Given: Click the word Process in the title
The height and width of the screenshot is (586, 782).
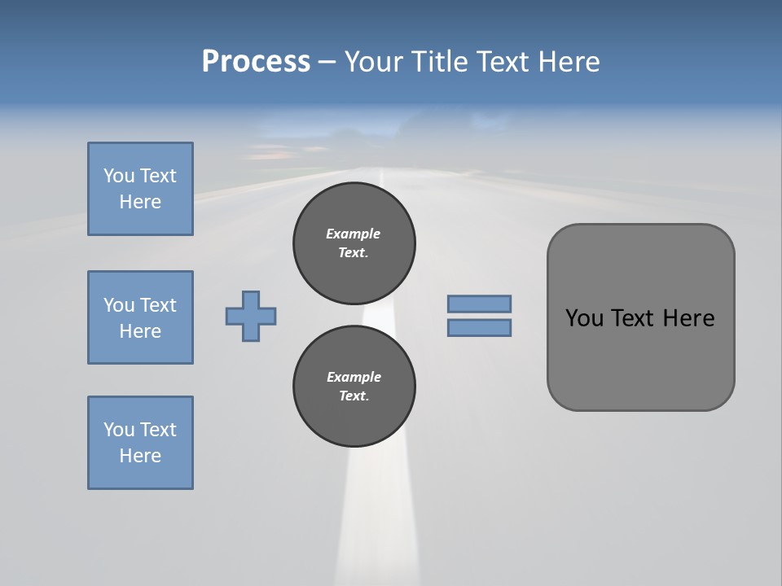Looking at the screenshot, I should [x=256, y=62].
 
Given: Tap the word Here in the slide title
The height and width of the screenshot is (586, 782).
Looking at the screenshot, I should [x=567, y=62].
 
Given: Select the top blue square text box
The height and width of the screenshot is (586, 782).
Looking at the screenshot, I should [x=140, y=189].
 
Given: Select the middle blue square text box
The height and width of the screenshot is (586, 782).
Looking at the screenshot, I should [x=140, y=317].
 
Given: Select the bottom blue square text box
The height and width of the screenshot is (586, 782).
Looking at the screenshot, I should [x=140, y=443].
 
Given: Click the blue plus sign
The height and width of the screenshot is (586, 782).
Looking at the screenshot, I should [x=251, y=316].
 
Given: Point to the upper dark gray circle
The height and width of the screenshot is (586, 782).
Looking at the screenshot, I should [x=354, y=243].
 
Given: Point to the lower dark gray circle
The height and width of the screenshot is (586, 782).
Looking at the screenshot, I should [x=354, y=387].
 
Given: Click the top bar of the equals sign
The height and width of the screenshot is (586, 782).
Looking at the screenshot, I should [x=479, y=304].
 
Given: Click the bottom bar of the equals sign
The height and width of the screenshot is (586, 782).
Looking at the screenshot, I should [x=479, y=328].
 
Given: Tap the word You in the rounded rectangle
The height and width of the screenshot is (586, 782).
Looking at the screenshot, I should [x=584, y=318].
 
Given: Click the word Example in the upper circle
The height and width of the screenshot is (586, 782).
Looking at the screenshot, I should [x=354, y=234].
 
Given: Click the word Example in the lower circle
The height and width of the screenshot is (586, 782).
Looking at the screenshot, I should [x=354, y=377].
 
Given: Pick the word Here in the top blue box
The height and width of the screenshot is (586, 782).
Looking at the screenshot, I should [x=140, y=202].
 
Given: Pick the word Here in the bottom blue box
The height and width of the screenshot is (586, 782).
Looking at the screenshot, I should [x=140, y=456].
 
